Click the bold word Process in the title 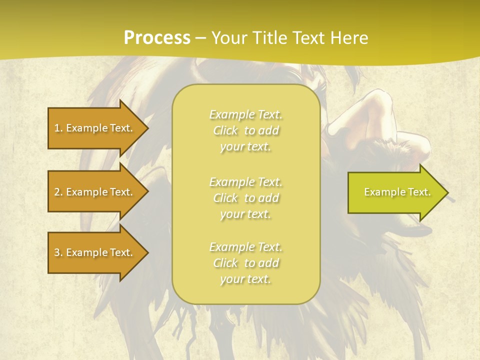[x=157, y=38]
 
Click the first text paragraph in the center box [x=245, y=130]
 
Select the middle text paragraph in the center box [x=245, y=198]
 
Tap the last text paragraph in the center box [x=245, y=263]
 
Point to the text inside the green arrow [x=397, y=192]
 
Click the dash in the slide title [x=201, y=38]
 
